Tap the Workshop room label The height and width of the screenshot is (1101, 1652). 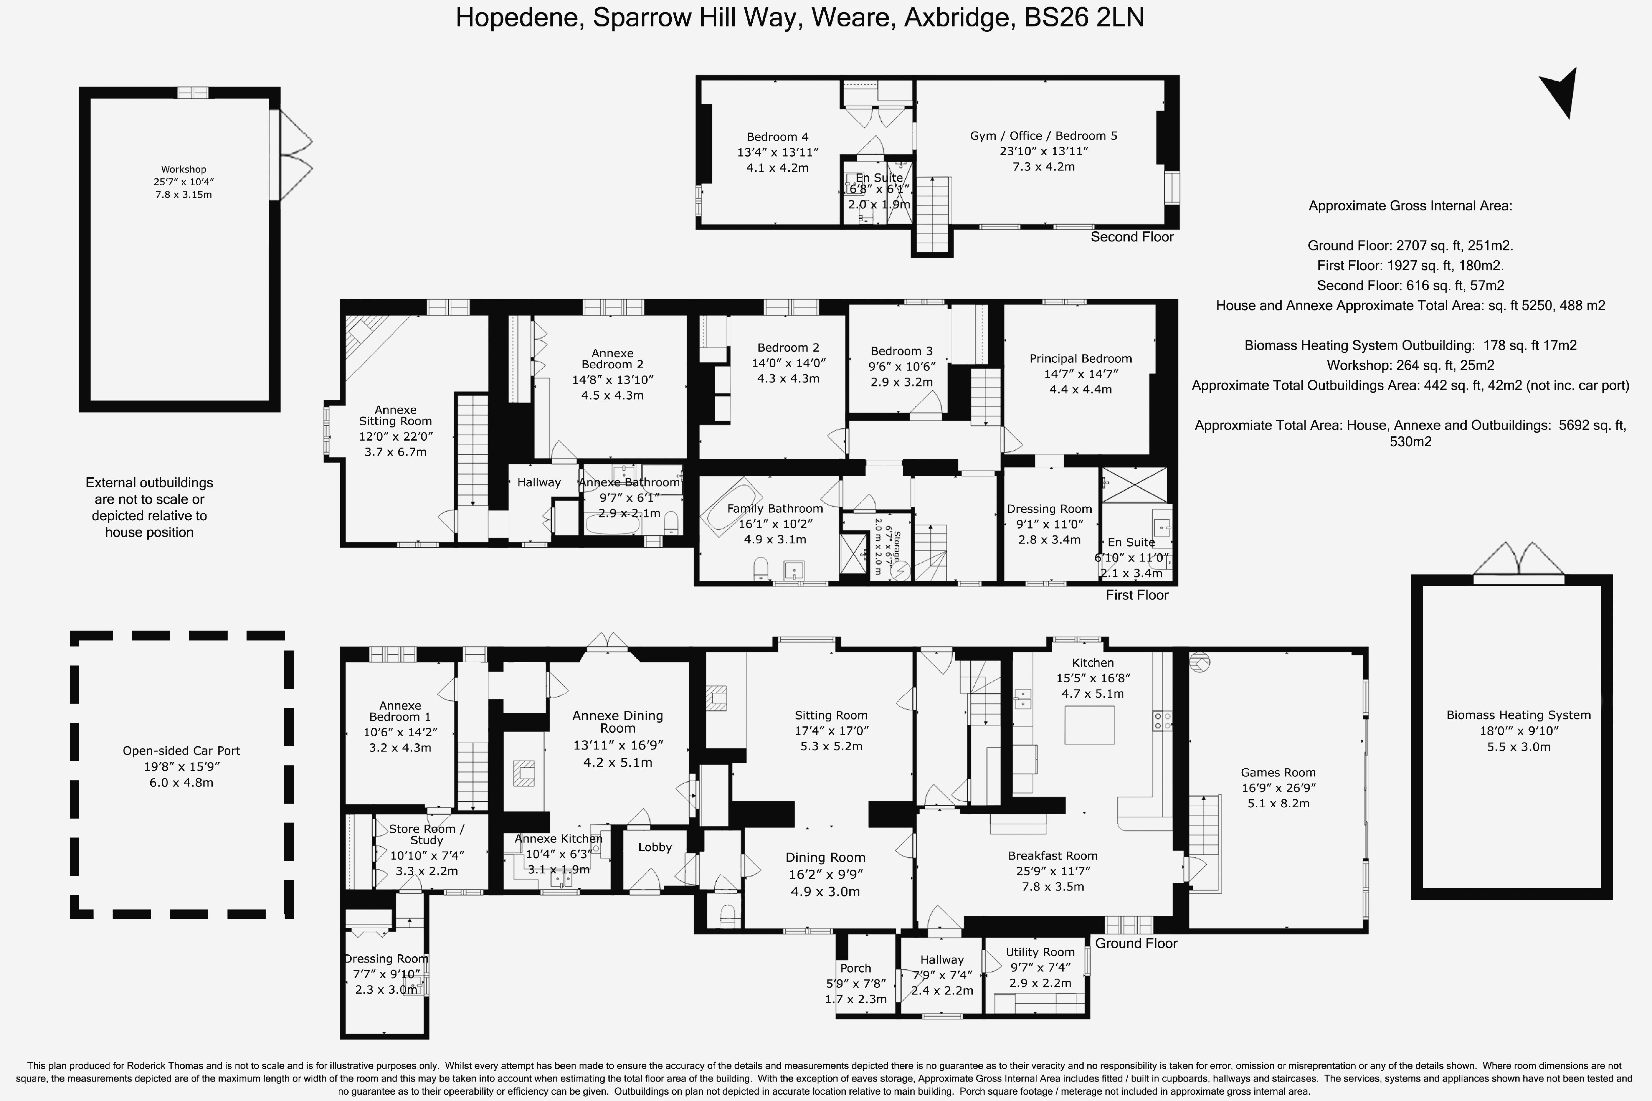pyautogui.click(x=183, y=169)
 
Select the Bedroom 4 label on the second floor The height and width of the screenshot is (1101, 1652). pyautogui.click(x=777, y=137)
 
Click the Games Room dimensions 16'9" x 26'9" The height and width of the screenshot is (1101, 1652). pyautogui.click(x=1278, y=788)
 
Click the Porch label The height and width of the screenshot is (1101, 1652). pyautogui.click(x=855, y=968)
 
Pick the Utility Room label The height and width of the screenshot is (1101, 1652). pyautogui.click(x=1040, y=952)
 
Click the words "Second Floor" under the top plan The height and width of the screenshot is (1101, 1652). pyautogui.click(x=1132, y=237)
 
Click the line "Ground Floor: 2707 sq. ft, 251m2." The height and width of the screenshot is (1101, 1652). pyautogui.click(x=1410, y=246)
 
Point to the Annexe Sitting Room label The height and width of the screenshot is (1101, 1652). pyautogui.click(x=395, y=416)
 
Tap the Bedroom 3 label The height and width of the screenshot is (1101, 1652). pyautogui.click(x=902, y=351)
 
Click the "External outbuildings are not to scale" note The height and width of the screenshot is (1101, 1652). pyautogui.click(x=150, y=507)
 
